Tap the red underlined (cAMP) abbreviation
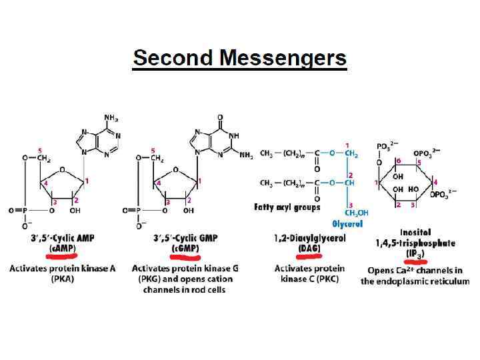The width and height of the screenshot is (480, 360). [62, 249]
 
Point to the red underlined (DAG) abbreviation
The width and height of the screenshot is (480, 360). [309, 249]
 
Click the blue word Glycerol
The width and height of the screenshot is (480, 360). [347, 224]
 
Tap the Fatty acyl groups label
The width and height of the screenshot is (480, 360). [288, 207]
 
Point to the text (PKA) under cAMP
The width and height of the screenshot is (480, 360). [61, 279]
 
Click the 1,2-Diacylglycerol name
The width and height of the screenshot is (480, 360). [309, 238]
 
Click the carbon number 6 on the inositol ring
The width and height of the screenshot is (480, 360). [399, 161]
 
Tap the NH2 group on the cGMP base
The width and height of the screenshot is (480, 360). [245, 155]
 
